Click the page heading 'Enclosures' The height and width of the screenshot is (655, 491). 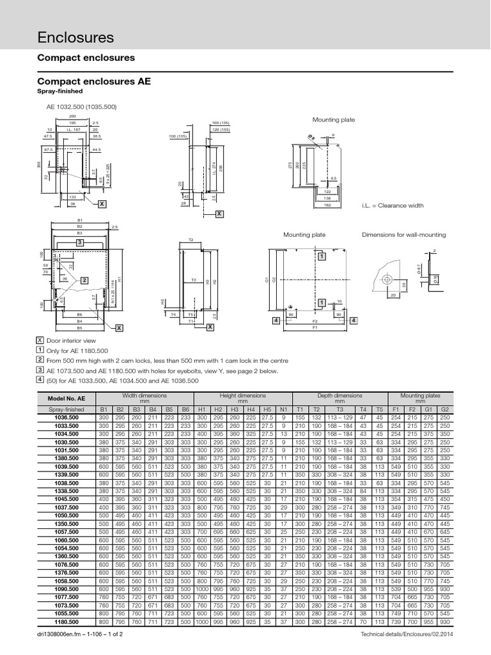point(76,38)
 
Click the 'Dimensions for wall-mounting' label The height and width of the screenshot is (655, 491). point(404,235)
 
